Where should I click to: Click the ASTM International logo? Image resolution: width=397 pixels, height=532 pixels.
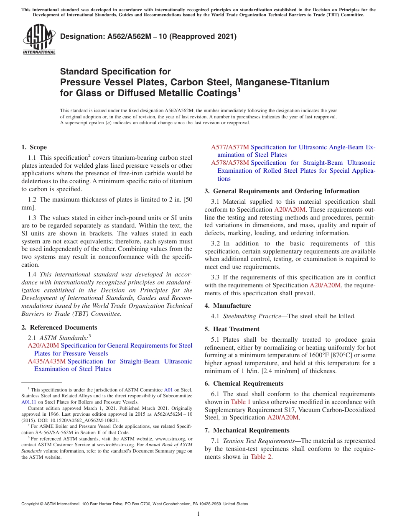click(39, 40)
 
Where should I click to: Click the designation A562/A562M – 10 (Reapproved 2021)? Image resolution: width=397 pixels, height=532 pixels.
click(148, 36)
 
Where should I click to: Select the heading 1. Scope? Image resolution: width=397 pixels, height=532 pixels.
click(34, 147)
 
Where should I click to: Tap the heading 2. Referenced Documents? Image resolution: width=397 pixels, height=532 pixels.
click(59, 327)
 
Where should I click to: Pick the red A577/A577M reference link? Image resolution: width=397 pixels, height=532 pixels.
click(230, 147)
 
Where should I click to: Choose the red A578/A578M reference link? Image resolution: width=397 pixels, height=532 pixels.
click(230, 163)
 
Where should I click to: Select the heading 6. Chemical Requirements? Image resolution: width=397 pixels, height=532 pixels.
click(244, 384)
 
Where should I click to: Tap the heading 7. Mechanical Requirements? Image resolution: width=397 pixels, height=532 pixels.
click(247, 430)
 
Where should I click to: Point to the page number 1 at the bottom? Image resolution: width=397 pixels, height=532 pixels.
click(198, 514)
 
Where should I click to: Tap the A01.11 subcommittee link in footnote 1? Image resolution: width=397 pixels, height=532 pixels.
click(29, 402)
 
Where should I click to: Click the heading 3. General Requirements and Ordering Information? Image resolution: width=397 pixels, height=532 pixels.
click(282, 191)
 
